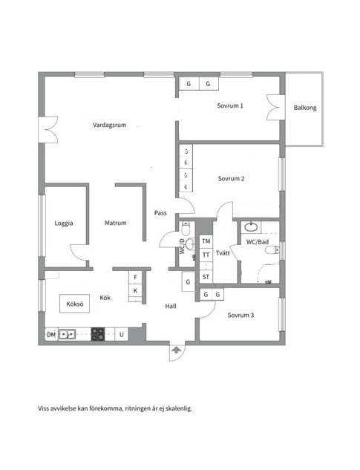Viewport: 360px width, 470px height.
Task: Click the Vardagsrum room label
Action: pyautogui.click(x=109, y=125)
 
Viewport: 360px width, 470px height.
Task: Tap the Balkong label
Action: pyautogui.click(x=305, y=108)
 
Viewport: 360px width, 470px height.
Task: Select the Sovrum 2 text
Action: pyautogui.click(x=231, y=179)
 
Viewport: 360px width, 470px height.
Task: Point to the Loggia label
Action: pyautogui.click(x=64, y=223)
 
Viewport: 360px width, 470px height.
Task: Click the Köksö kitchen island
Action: pyautogui.click(x=75, y=304)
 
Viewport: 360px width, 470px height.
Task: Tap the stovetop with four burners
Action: pyautogui.click(x=98, y=334)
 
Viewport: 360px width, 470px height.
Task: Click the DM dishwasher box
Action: pyautogui.click(x=51, y=334)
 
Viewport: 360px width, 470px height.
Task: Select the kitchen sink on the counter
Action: pyautogui.click(x=67, y=334)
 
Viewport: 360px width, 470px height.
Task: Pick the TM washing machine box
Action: pyautogui.click(x=206, y=241)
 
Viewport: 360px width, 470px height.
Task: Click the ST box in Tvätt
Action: pyautogui.click(x=206, y=277)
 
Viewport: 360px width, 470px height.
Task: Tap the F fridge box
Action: pyautogui.click(x=136, y=277)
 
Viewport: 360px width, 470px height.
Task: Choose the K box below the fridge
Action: pyautogui.click(x=136, y=290)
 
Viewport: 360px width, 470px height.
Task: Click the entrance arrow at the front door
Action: pyautogui.click(x=176, y=349)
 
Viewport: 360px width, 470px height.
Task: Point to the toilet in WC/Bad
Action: pyautogui.click(x=272, y=249)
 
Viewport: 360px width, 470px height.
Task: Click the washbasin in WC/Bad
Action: pyautogui.click(x=251, y=227)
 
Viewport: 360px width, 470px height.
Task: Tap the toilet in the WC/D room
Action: pyautogui.click(x=186, y=229)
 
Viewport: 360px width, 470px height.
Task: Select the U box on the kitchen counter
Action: pyautogui.click(x=122, y=334)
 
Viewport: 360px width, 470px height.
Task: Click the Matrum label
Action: pyautogui.click(x=116, y=223)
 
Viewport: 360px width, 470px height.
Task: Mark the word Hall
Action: pyautogui.click(x=171, y=306)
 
